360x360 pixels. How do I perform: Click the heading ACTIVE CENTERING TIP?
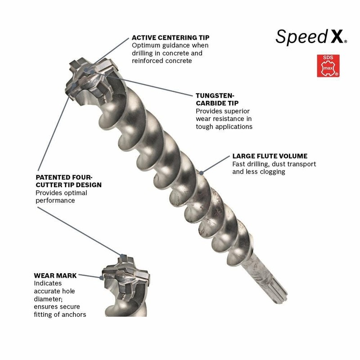[x=171, y=37]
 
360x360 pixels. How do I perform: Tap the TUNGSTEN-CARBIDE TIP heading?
[x=216, y=99]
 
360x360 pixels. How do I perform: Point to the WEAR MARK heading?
[x=55, y=275]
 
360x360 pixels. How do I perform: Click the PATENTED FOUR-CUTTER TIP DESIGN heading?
[x=68, y=181]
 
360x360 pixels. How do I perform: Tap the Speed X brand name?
[x=311, y=37]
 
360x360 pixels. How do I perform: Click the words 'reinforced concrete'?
[x=162, y=61]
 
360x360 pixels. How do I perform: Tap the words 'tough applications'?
[x=224, y=126]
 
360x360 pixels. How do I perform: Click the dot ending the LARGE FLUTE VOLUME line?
[x=202, y=171]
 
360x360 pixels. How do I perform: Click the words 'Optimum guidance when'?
[x=170, y=45]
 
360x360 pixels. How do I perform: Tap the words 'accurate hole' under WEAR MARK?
[x=55, y=291]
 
